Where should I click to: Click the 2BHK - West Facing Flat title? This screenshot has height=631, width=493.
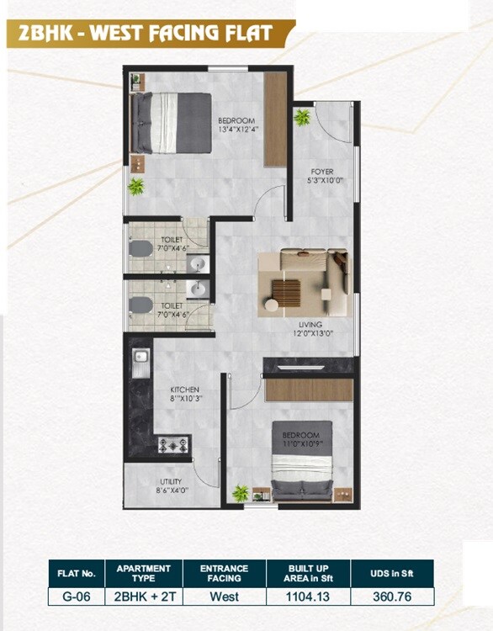(x=140, y=34)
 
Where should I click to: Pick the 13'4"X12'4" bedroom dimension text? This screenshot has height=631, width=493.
(x=236, y=129)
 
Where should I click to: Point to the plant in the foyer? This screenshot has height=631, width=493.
(x=301, y=117)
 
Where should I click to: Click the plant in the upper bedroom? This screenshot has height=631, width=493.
(x=135, y=186)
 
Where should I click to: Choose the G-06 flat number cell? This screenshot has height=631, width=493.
(x=77, y=596)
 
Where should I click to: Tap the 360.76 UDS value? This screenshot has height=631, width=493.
(x=391, y=596)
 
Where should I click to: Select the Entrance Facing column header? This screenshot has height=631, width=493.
(x=225, y=572)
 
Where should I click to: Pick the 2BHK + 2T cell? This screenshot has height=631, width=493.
(x=144, y=596)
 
